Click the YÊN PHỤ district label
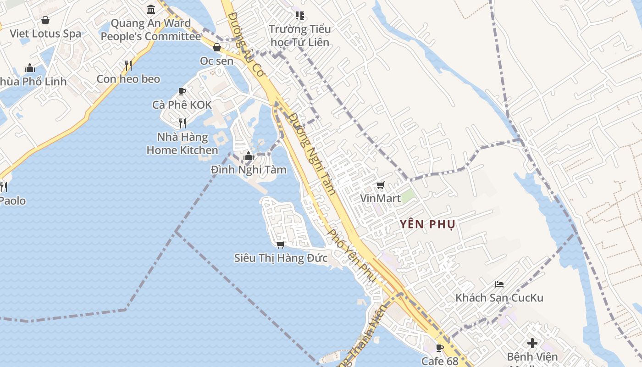coord(427,224)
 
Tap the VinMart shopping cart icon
coord(380,185)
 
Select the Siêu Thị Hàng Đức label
coord(281,258)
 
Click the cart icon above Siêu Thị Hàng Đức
coord(280,245)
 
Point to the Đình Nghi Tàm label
coord(249,170)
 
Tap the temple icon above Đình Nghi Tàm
coord(249,156)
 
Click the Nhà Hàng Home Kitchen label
coord(182,144)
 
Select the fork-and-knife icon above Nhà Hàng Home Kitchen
coord(182,123)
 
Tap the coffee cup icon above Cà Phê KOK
coord(182,91)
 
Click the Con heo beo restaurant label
coord(128,79)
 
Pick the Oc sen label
coord(216,61)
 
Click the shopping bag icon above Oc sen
coord(217,47)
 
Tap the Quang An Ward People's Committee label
coord(151,30)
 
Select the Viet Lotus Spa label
coord(45,33)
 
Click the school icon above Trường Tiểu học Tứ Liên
coord(300,16)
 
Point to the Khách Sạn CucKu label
coord(499,298)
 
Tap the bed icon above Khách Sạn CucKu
coord(499,284)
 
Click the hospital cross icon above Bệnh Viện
coord(532,343)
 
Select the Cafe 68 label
coord(440,361)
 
